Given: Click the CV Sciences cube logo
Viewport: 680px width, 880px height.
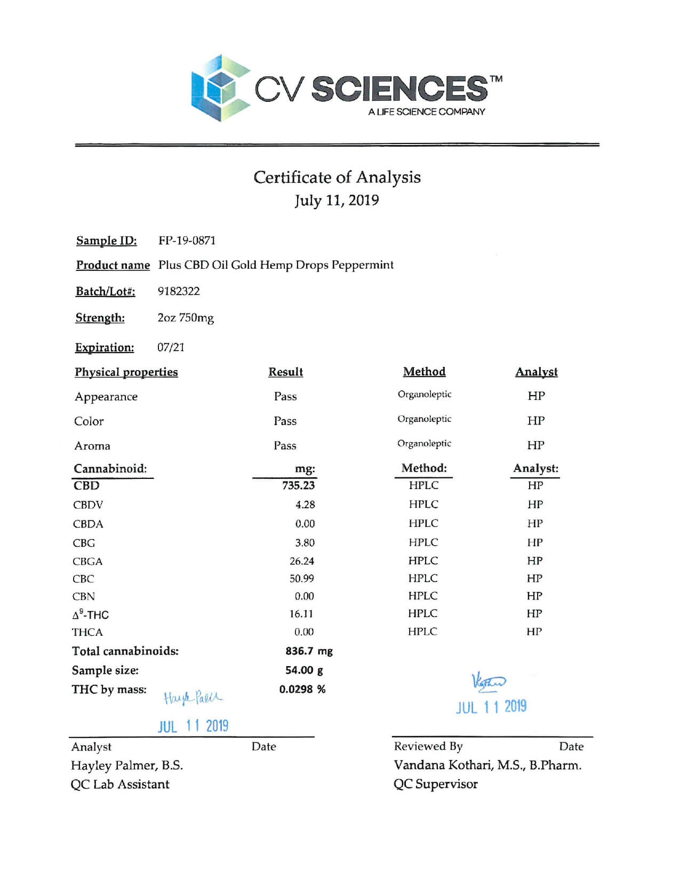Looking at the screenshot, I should (220, 87).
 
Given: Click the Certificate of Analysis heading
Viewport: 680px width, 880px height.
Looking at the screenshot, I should (337, 177).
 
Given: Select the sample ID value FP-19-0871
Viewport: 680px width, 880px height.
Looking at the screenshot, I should (187, 241).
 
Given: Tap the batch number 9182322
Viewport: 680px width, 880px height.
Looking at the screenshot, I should (179, 291).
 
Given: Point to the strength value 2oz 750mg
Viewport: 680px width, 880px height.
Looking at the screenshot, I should (186, 318).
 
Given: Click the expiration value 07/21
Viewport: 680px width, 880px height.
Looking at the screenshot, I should (171, 347).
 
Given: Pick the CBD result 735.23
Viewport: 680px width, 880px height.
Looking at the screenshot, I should (298, 485).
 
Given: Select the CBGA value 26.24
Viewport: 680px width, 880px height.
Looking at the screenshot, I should (301, 561).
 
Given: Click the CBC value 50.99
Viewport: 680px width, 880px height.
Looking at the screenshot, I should (301, 579).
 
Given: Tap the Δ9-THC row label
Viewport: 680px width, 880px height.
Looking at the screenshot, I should (91, 614).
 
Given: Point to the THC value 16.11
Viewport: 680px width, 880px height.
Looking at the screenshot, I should (301, 614).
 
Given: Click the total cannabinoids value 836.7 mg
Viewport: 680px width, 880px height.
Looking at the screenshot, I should (309, 651).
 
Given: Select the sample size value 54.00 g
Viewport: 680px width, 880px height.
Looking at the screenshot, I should (304, 670).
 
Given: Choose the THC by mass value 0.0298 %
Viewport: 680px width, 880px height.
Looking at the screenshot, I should (302, 689).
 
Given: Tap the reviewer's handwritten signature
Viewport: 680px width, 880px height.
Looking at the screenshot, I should (489, 682).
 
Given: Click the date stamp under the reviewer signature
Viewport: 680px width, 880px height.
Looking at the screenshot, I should (491, 707).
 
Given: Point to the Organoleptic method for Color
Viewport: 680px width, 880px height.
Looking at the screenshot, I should (424, 419).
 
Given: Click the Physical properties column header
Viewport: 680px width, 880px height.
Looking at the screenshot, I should (126, 372).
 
